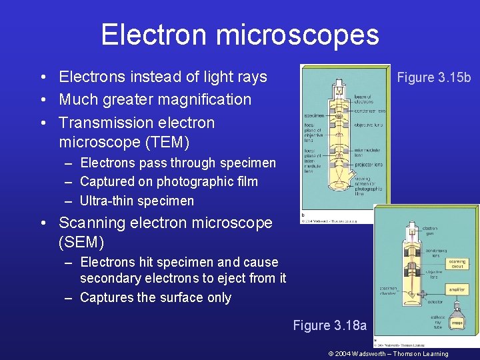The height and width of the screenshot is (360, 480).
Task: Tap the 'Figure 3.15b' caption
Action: (x=433, y=77)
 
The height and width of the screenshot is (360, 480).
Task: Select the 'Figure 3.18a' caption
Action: (x=330, y=325)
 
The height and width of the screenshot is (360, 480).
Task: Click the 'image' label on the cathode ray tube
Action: (x=458, y=323)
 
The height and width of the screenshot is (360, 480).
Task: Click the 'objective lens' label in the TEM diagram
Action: (x=367, y=125)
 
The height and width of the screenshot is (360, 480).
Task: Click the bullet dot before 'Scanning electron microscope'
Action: (x=42, y=223)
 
